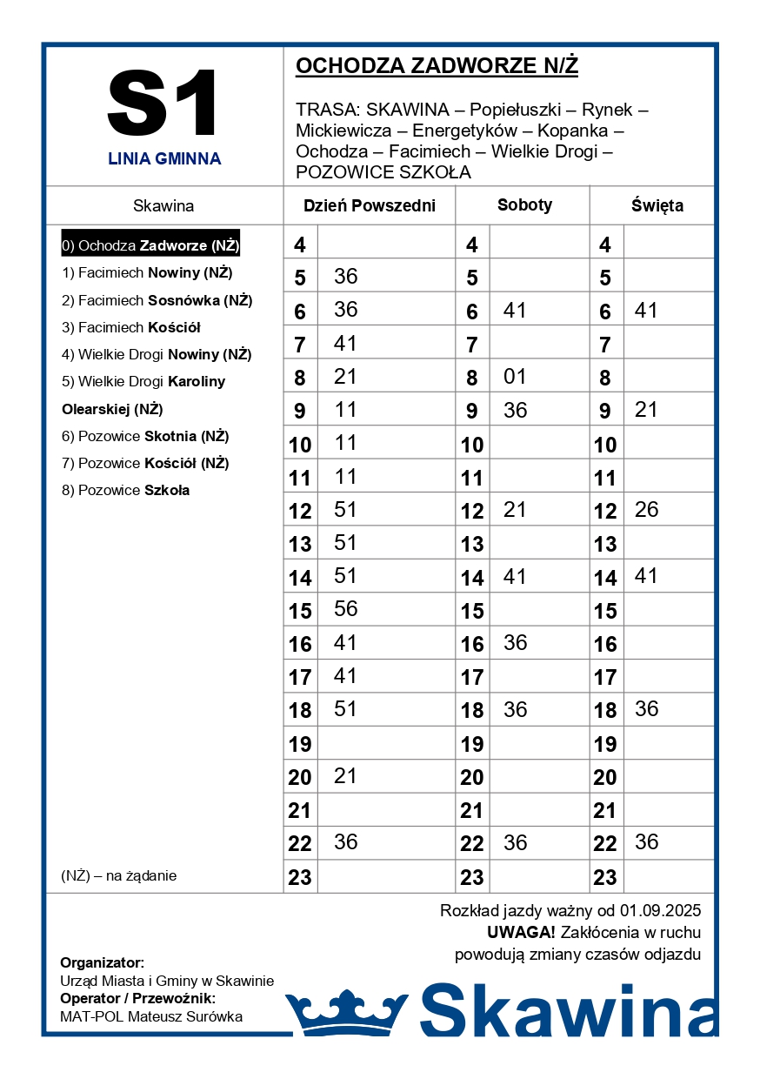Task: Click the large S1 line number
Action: (x=163, y=104)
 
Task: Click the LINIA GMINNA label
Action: (x=164, y=159)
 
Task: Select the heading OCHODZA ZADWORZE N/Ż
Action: (x=437, y=66)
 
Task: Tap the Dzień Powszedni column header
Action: (x=369, y=206)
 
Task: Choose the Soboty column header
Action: (x=524, y=205)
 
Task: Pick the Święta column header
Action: (x=657, y=206)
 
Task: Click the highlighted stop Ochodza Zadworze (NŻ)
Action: (x=150, y=245)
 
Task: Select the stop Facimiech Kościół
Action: (x=131, y=327)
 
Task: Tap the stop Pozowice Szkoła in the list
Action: (x=125, y=490)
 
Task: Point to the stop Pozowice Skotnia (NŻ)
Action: (x=145, y=436)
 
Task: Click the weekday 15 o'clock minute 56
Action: (x=345, y=609)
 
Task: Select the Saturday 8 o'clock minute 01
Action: (x=515, y=377)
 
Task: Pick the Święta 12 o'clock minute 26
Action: (x=646, y=510)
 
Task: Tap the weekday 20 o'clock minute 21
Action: (x=345, y=775)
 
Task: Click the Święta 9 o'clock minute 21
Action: (x=646, y=410)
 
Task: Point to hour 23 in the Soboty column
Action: (x=472, y=877)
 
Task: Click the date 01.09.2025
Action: (x=660, y=911)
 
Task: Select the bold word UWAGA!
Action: (x=521, y=933)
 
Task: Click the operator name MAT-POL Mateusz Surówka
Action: (x=151, y=1016)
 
